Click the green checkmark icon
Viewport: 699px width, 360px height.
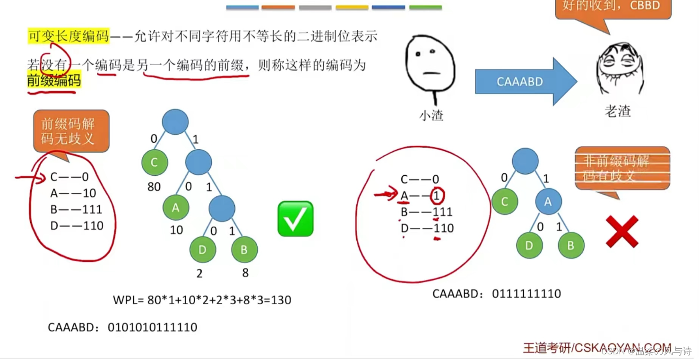pos(295,219)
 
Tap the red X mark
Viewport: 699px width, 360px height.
pos(622,231)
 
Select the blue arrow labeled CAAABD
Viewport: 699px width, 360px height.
pos(525,82)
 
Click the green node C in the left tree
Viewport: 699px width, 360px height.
pos(155,163)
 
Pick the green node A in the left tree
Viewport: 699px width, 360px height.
pos(176,208)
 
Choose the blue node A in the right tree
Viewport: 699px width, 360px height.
pos(548,202)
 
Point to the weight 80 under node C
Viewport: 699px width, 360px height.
pos(154,187)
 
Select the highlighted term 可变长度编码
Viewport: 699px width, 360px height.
pos(69,36)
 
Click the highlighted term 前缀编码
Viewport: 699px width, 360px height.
pos(54,80)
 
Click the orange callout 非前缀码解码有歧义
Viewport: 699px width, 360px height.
pos(622,168)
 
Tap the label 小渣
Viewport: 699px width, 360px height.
pos(431,115)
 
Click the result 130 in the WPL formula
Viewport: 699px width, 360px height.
pos(281,300)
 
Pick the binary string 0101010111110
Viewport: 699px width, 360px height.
pos(152,327)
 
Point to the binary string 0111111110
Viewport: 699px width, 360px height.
pos(526,294)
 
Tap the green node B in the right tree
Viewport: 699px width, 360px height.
pos(571,246)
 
